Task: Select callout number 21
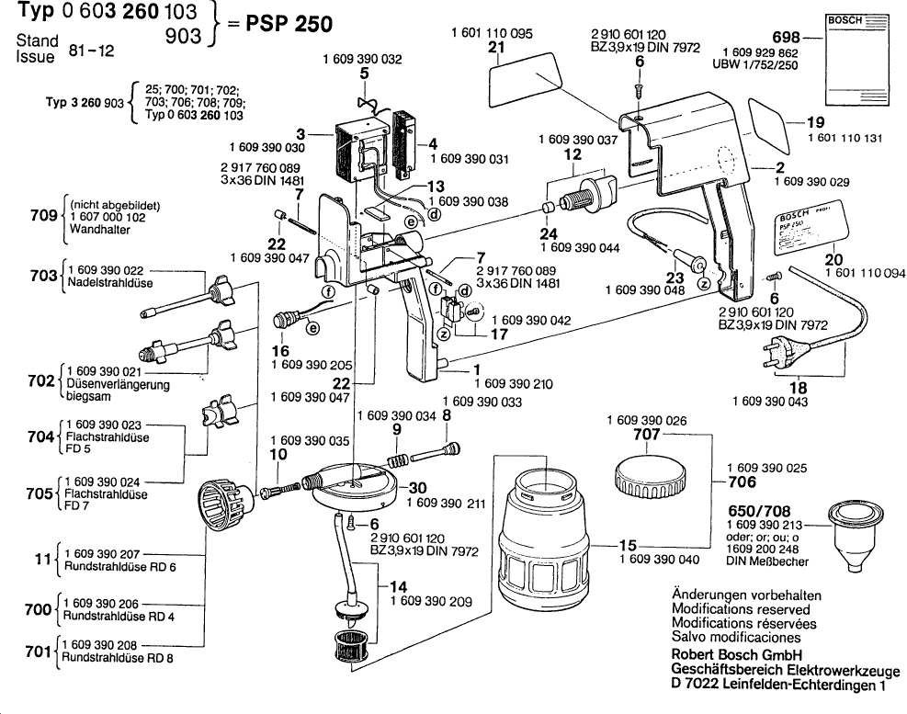497,47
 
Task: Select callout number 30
417,488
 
